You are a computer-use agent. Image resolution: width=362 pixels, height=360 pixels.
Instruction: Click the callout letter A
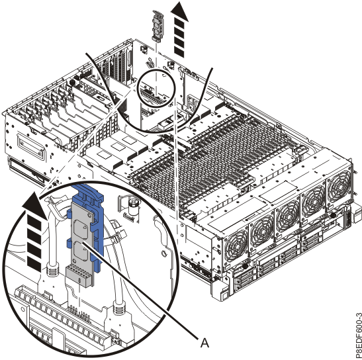(x=204, y=343)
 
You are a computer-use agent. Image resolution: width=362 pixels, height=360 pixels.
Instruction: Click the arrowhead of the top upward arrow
(x=179, y=11)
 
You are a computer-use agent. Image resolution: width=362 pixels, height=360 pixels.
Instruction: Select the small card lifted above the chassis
(x=158, y=26)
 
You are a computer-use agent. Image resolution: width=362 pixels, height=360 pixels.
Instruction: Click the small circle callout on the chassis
(x=156, y=88)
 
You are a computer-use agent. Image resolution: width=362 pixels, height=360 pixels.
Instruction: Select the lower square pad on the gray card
(x=79, y=251)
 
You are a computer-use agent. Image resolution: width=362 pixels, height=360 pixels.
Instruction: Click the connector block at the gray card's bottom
(x=79, y=275)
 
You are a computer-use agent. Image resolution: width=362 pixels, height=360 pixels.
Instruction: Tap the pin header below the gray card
(x=79, y=312)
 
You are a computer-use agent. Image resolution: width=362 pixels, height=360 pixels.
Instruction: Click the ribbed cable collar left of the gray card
(x=53, y=269)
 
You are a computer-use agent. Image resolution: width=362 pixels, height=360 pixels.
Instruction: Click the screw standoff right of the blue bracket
(x=134, y=206)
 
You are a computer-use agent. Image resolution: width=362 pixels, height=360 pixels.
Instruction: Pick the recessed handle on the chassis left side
(x=30, y=148)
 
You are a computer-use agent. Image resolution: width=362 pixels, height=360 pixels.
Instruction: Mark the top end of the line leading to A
(x=83, y=243)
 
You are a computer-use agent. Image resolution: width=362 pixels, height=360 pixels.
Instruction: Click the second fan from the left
(x=262, y=230)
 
